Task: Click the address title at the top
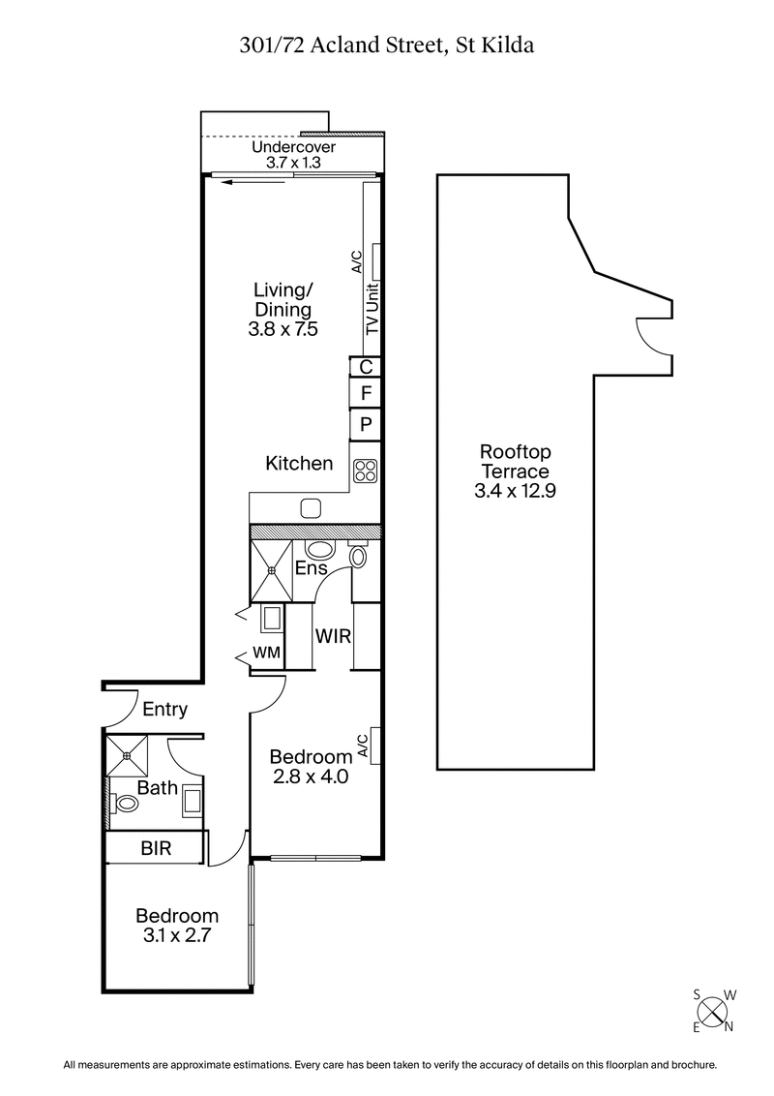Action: tap(386, 45)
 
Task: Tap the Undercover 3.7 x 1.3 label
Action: tap(293, 155)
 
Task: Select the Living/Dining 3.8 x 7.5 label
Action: tap(283, 310)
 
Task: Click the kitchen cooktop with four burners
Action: tap(366, 471)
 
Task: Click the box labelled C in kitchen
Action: tap(366, 367)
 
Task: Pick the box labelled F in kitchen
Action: tap(366, 394)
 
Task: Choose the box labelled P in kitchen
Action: tap(366, 424)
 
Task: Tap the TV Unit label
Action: tap(372, 309)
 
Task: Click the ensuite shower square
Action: tap(272, 570)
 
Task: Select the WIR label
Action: tap(333, 636)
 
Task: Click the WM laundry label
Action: tap(266, 654)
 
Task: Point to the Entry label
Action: tap(164, 710)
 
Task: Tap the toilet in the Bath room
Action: tap(125, 804)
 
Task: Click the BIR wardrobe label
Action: tap(156, 849)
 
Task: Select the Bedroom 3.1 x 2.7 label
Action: tap(177, 926)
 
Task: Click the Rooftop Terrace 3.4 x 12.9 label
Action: tap(516, 472)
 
